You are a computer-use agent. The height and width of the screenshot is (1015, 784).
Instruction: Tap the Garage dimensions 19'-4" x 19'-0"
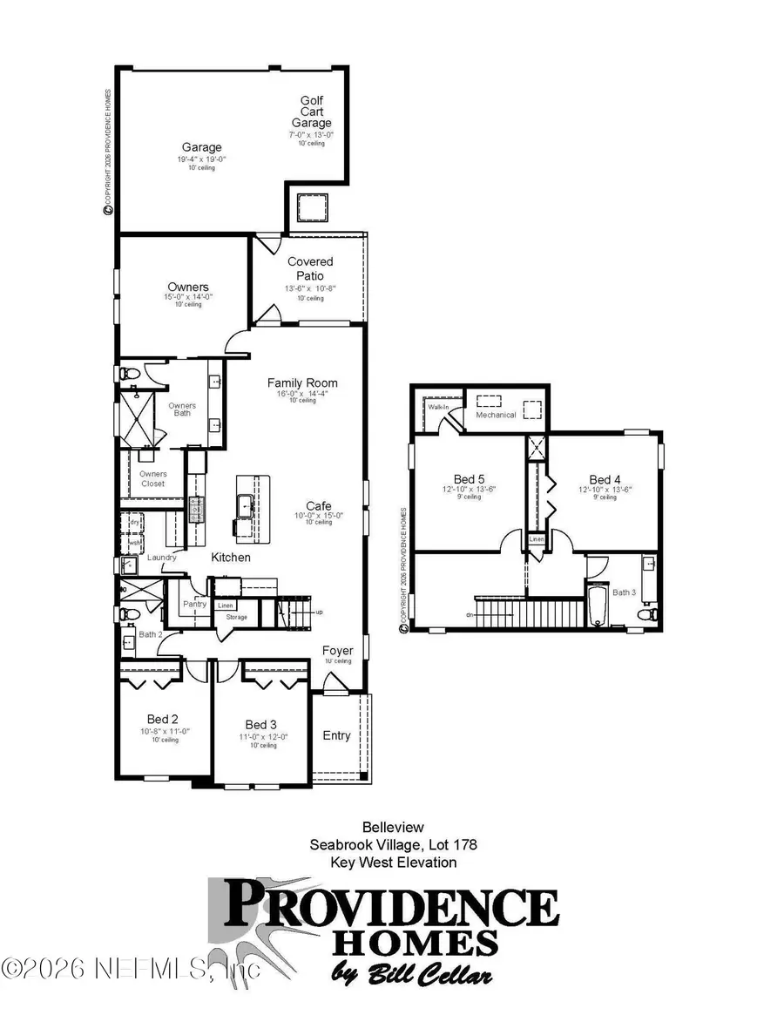click(201, 159)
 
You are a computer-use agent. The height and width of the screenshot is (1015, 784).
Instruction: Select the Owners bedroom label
click(188, 287)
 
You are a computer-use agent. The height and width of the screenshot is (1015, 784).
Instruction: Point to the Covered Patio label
click(310, 268)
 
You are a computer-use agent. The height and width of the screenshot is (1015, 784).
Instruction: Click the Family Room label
click(302, 382)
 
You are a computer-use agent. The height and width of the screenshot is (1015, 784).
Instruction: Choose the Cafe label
click(318, 505)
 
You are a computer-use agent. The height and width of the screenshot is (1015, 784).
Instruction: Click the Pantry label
click(193, 603)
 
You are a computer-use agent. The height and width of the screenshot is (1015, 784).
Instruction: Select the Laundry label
click(163, 558)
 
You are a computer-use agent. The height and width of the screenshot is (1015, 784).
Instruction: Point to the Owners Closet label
click(153, 479)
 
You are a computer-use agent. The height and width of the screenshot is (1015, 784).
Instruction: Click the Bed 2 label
click(162, 719)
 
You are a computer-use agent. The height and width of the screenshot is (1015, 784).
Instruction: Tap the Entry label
click(336, 735)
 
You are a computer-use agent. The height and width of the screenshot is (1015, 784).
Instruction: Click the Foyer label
click(337, 650)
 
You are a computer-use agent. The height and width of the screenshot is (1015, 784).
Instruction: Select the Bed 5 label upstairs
click(469, 479)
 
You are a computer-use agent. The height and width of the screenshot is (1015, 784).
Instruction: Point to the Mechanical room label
click(496, 415)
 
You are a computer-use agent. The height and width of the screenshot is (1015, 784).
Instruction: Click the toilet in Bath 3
click(646, 614)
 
